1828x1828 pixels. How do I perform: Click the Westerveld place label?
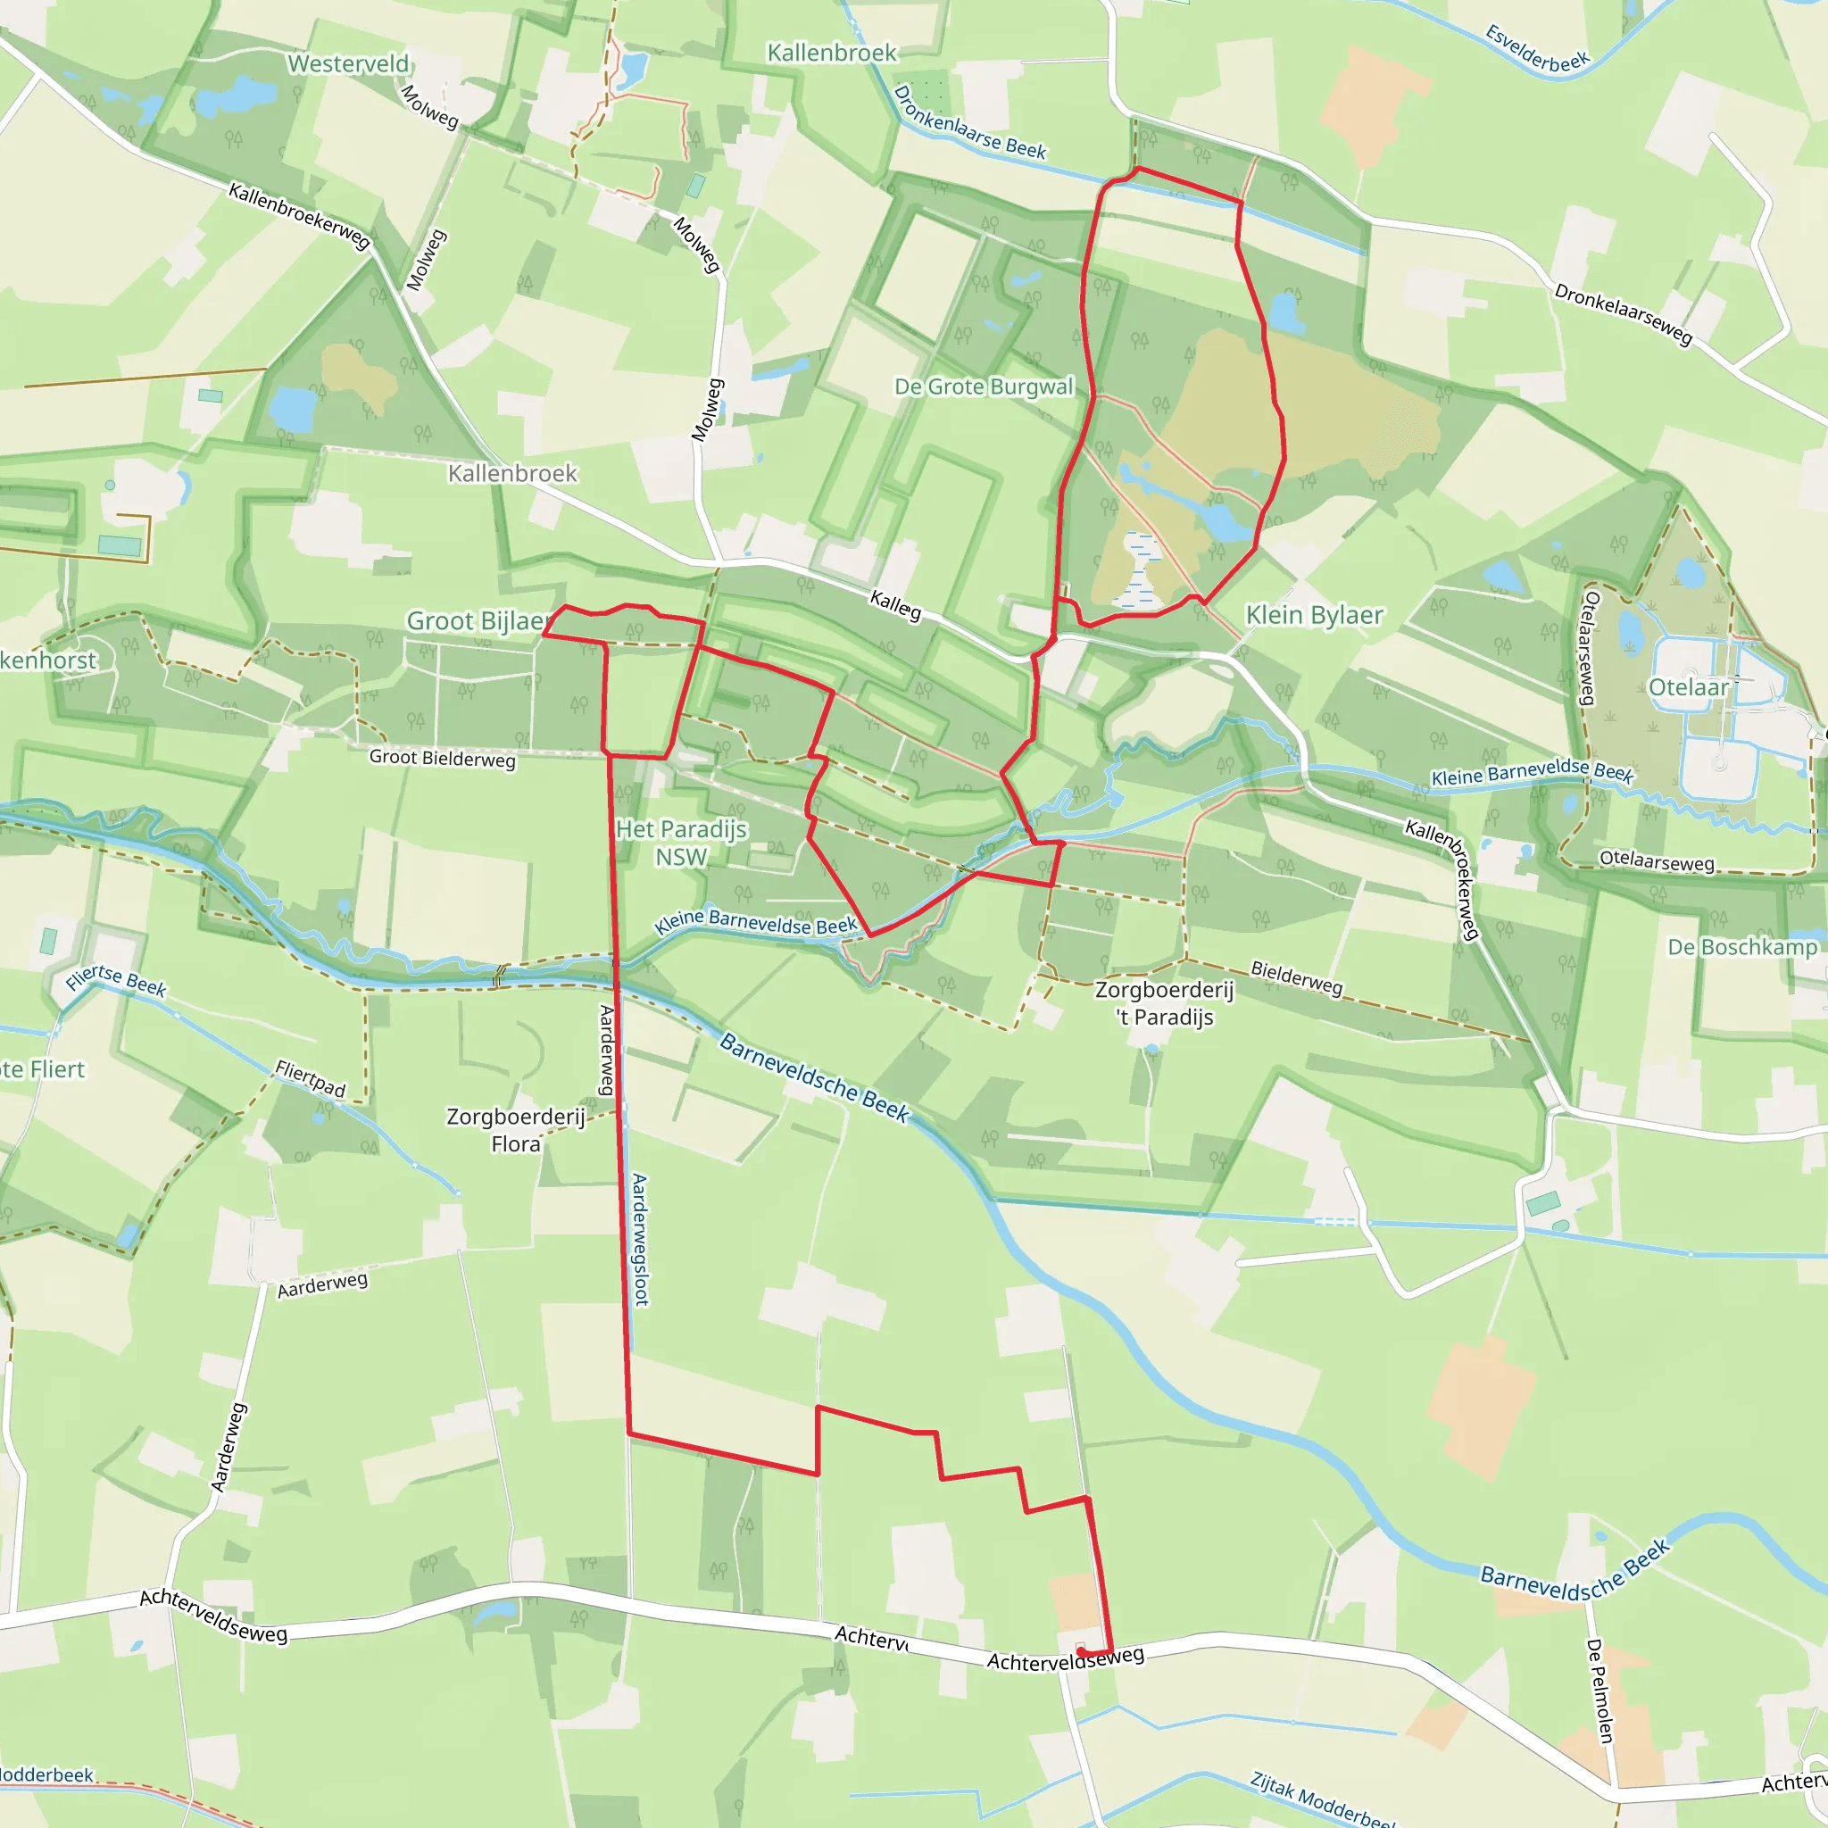click(x=348, y=64)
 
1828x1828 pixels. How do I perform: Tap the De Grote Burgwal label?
click(x=984, y=387)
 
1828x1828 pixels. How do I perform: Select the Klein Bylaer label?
click(x=1314, y=615)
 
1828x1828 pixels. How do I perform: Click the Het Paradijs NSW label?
click(x=681, y=842)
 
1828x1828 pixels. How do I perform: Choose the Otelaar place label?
click(x=1688, y=688)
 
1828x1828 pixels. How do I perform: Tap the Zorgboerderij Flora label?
click(x=516, y=1130)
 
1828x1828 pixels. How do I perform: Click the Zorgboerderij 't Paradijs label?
click(x=1164, y=1003)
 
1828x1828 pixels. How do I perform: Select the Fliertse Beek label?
click(x=115, y=980)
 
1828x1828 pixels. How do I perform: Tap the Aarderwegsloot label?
click(x=641, y=1240)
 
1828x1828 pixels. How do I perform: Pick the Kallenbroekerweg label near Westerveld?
click(x=299, y=216)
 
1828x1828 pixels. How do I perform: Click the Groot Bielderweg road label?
click(x=442, y=758)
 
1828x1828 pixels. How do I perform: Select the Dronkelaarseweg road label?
click(x=1623, y=314)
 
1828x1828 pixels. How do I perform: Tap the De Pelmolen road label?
click(x=1598, y=1690)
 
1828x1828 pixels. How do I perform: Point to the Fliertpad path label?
click(x=311, y=1078)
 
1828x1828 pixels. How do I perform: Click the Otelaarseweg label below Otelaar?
click(x=1656, y=860)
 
